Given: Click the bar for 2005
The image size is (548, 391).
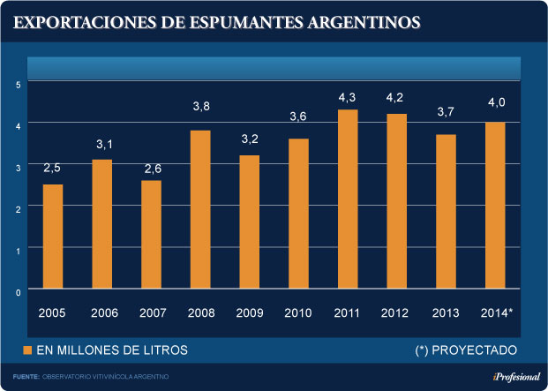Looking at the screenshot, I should coord(53,237).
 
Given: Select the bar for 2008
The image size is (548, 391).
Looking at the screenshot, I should coord(200,209).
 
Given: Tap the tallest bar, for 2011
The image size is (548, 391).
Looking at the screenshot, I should coord(348,199).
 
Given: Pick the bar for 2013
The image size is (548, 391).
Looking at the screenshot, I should coord(447,212).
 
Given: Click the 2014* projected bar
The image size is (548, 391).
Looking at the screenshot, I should coord(496,206).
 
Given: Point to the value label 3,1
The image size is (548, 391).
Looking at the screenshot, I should coord(102,144).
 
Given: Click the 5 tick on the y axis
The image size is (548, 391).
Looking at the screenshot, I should coord(18,84).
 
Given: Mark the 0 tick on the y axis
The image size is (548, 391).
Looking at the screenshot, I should coord(18,289).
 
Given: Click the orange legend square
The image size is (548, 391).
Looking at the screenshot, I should coord(26,350).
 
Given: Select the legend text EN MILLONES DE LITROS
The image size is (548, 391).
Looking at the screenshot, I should coord(111,350).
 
